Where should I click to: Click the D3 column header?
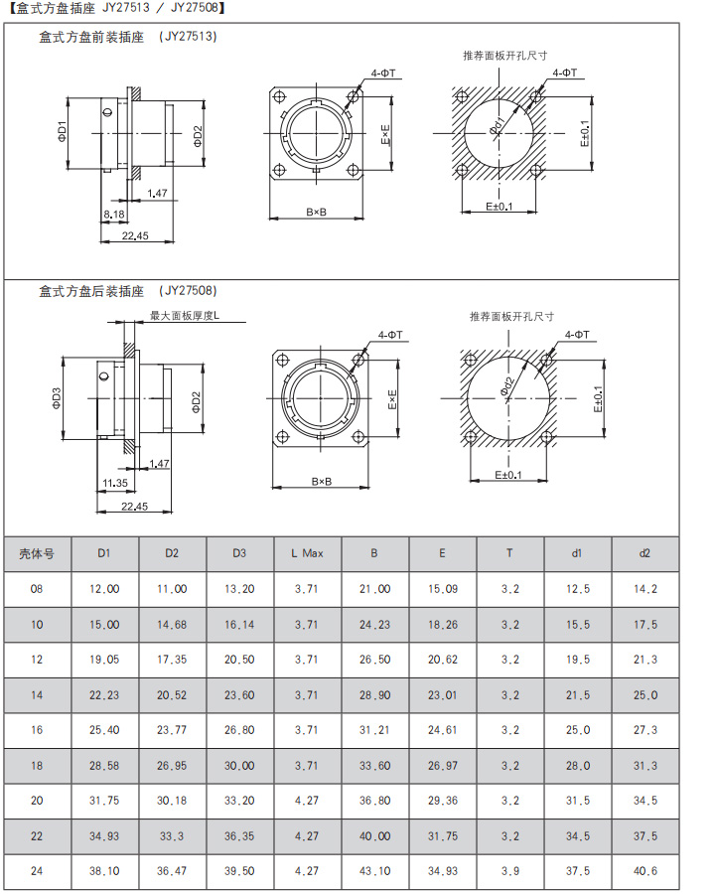tap(239, 553)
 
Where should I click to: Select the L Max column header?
tap(307, 553)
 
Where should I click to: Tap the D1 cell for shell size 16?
tap(104, 730)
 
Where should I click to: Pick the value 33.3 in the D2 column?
tap(172, 835)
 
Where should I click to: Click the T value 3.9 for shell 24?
tap(509, 870)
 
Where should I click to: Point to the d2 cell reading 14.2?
tap(644, 589)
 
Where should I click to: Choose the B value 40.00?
tap(374, 835)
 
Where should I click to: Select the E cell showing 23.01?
tap(443, 695)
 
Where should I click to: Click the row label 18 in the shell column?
tap(37, 765)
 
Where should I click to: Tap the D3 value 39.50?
tap(239, 870)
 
